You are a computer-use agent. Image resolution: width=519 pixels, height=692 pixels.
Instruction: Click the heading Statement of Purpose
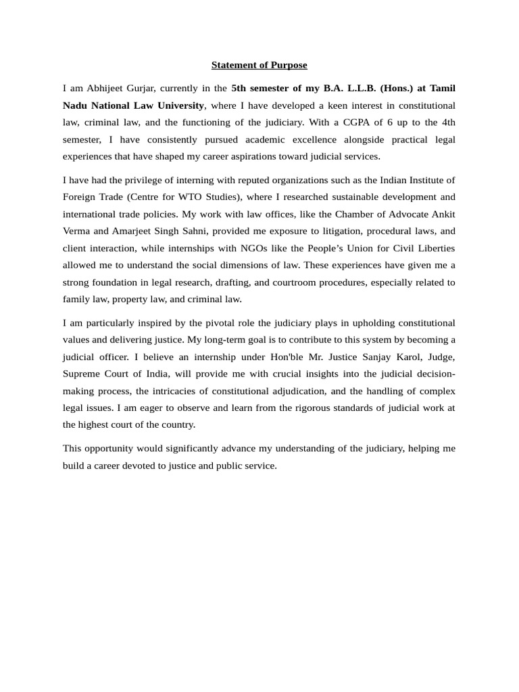[259, 65]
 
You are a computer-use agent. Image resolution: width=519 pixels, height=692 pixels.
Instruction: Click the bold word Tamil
[442, 88]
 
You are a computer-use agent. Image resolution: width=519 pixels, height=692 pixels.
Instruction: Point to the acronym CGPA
[372, 122]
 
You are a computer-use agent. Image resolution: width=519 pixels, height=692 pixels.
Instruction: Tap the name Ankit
[443, 214]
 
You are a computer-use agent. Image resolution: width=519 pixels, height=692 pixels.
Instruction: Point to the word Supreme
[82, 373]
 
